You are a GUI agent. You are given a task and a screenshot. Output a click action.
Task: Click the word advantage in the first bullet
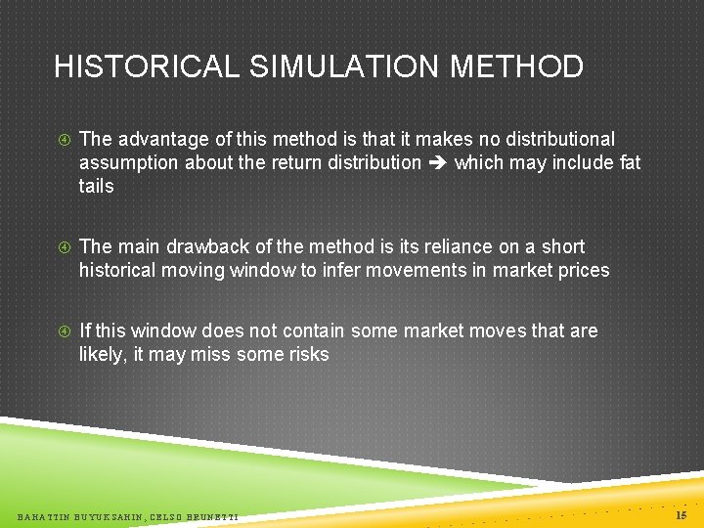(x=162, y=140)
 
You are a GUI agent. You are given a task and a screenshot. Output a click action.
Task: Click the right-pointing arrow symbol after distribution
(x=437, y=163)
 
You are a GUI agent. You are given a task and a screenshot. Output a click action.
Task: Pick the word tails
(x=96, y=186)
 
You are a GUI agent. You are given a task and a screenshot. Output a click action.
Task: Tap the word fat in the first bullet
(x=631, y=162)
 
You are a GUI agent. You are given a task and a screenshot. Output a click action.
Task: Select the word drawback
(x=204, y=246)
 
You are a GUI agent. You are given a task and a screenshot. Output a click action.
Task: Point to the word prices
(x=583, y=270)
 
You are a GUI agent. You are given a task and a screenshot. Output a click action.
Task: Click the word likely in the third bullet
(x=101, y=354)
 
